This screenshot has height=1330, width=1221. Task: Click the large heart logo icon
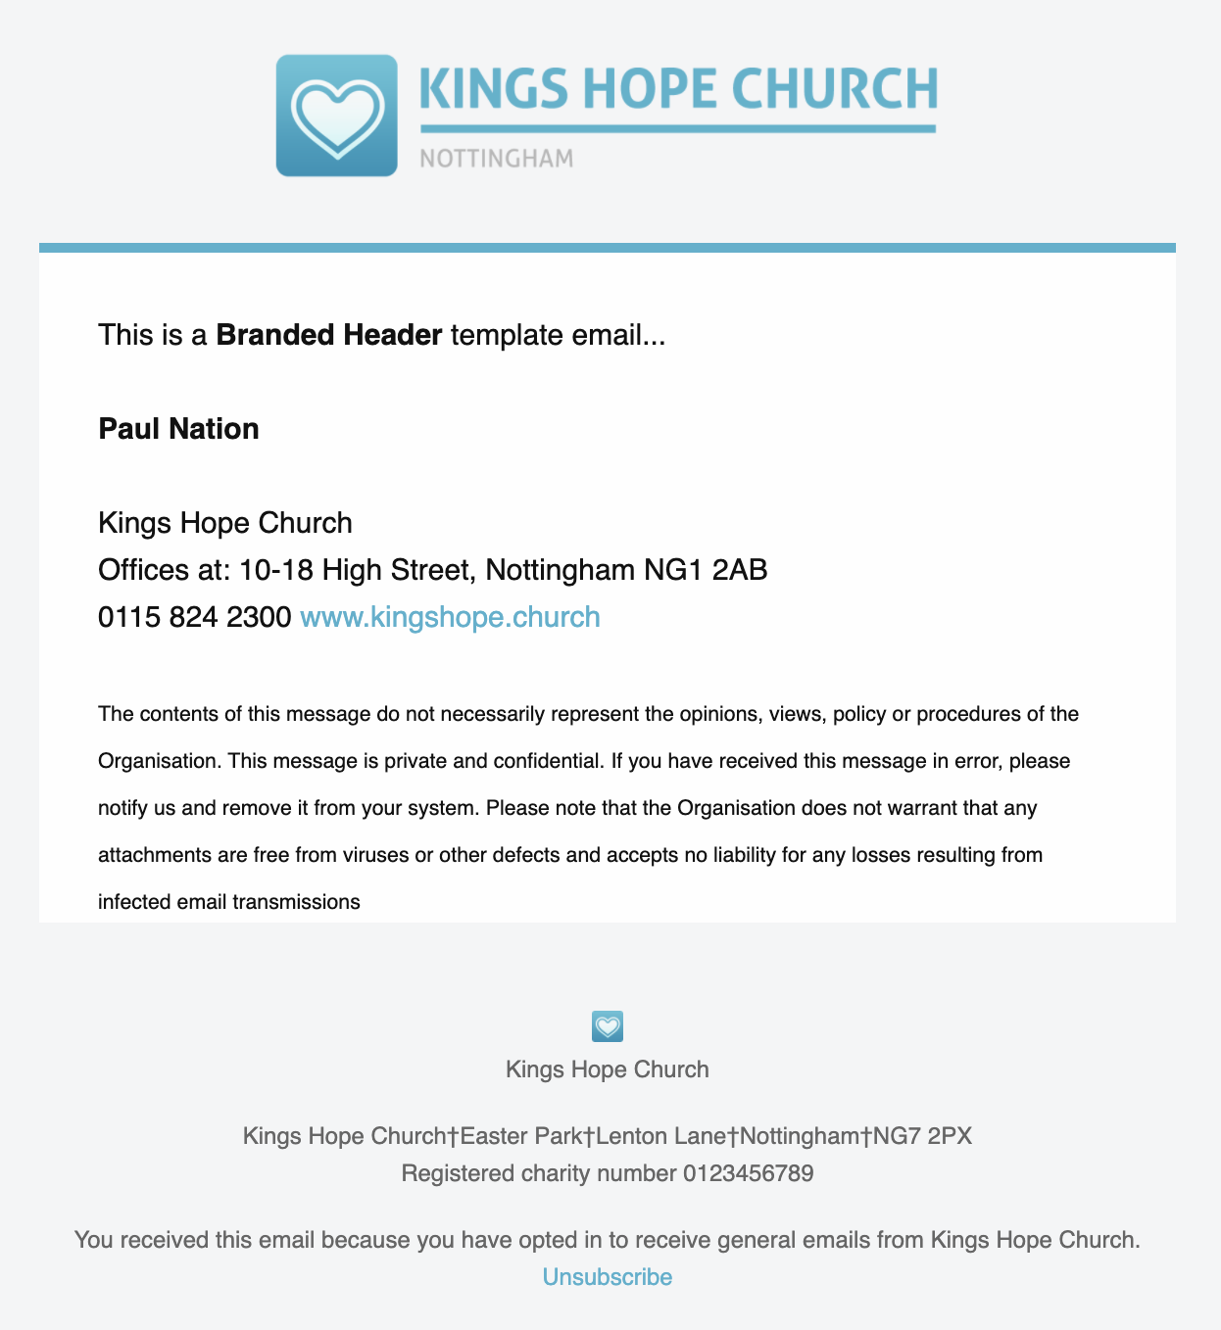(x=336, y=116)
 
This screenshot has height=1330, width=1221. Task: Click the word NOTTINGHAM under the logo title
(x=496, y=159)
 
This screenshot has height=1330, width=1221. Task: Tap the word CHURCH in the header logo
(x=835, y=89)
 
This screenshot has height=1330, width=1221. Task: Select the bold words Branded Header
(x=329, y=335)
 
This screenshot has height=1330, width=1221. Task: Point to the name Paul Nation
(x=178, y=429)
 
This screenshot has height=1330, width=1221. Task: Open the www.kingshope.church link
(x=450, y=617)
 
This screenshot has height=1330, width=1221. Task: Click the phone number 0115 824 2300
(x=194, y=617)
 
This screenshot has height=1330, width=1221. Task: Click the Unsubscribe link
(x=608, y=1277)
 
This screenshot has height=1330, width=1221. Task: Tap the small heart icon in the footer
(x=608, y=1026)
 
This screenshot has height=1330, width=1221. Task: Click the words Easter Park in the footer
(x=521, y=1136)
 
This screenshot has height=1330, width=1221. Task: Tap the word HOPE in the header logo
(x=650, y=89)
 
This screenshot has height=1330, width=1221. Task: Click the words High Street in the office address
(x=396, y=570)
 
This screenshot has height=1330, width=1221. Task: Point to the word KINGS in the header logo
(x=494, y=89)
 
